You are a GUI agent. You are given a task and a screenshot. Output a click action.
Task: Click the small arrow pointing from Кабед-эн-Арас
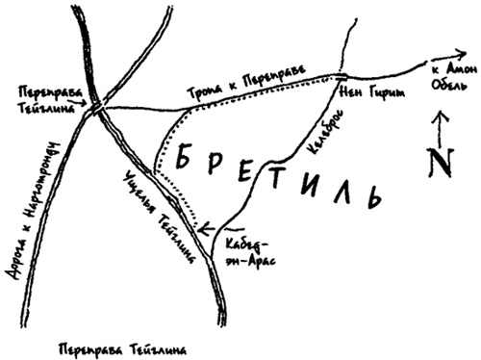coord(206,228)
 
